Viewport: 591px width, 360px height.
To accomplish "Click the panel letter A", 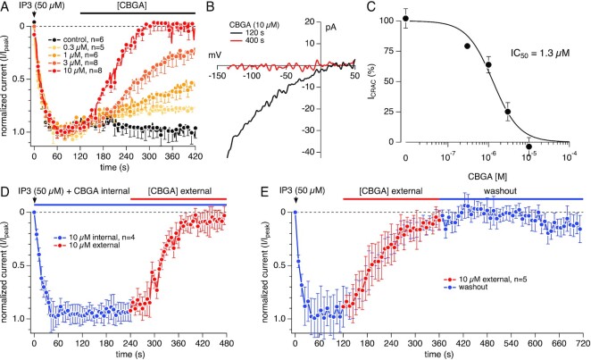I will [5, 8].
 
